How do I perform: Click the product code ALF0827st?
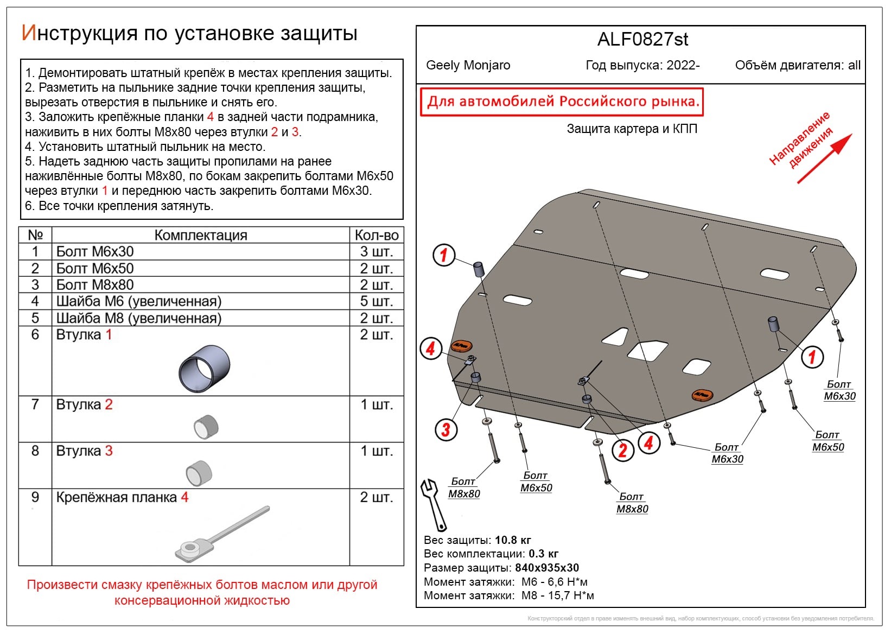[642, 40]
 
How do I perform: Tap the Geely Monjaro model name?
[468, 66]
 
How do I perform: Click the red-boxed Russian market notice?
[562, 102]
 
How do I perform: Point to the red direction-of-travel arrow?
[824, 158]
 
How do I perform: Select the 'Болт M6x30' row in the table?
[95, 252]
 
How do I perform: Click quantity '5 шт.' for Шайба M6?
[376, 301]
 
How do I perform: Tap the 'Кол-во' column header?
[376, 235]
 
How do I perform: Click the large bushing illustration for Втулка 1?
[205, 369]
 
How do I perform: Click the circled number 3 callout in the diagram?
[446, 430]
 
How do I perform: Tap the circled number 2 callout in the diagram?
[622, 450]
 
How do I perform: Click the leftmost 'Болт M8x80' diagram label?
[464, 487]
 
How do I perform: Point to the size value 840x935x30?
[546, 568]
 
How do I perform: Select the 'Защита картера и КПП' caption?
[632, 129]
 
